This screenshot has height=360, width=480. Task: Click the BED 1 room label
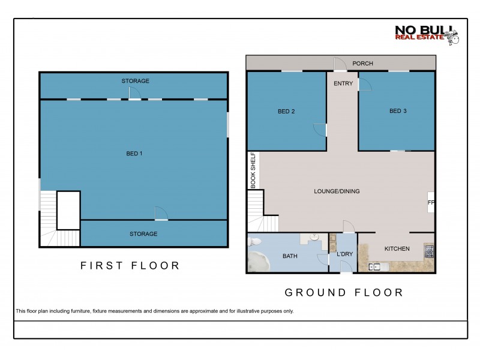coord(134,153)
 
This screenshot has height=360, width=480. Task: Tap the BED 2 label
coord(286,111)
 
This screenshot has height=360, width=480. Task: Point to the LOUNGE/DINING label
coord(337,191)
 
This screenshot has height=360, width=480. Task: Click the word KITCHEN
coord(397,248)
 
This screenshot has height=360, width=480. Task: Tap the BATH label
coord(290,256)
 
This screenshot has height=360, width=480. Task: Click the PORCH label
coord(363,63)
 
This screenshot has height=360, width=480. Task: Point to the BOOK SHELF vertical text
coord(253,170)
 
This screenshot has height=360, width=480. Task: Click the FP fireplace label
coord(430,203)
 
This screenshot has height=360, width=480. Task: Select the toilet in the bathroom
coord(254,242)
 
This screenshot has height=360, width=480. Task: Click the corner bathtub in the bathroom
coord(260,262)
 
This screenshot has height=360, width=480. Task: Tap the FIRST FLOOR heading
coord(130,266)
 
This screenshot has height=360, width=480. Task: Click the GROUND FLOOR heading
coord(343,292)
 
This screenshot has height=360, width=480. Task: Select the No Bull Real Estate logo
coord(427,34)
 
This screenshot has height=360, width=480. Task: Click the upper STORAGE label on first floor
coord(135,80)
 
